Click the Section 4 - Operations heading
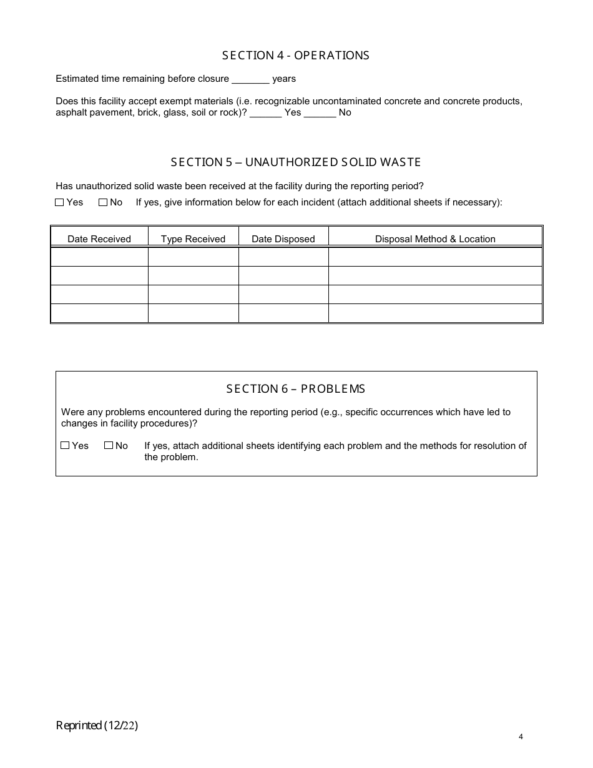click(296, 56)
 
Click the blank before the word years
click(250, 79)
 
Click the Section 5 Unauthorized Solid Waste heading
click(296, 162)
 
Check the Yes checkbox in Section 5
click(59, 202)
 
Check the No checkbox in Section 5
click(103, 202)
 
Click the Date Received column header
click(99, 239)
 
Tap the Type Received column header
click(193, 239)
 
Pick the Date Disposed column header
click(283, 239)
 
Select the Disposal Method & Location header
click(435, 239)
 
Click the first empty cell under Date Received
click(99, 257)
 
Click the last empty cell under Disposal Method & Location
click(435, 313)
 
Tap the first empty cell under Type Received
click(193, 257)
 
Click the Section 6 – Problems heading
click(296, 389)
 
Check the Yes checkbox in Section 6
click(65, 446)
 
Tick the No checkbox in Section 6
click(109, 446)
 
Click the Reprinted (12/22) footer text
click(97, 726)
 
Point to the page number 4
click(521, 737)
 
